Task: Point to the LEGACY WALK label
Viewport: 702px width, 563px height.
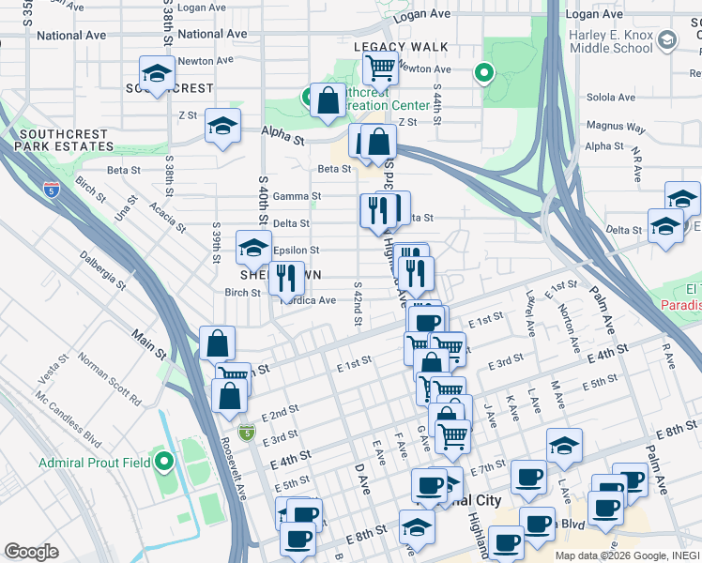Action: click(401, 47)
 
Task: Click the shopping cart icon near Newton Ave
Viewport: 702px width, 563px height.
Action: click(379, 68)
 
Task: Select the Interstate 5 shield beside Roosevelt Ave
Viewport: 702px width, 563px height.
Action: click(246, 432)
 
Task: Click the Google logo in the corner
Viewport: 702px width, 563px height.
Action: click(31, 551)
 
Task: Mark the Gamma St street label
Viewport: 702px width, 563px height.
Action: click(303, 196)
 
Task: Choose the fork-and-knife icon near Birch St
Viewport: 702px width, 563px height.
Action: click(285, 277)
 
